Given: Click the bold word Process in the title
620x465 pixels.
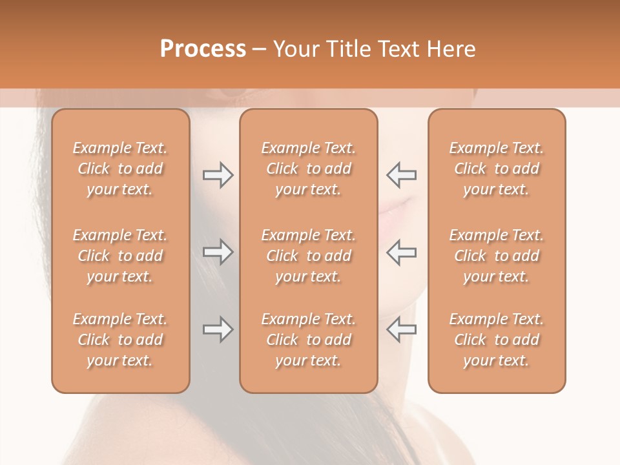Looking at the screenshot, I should [x=203, y=48].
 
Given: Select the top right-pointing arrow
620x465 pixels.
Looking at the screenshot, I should [x=218, y=175].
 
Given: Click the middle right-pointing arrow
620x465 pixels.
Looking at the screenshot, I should [x=218, y=252].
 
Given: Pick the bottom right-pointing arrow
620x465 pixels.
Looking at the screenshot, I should [x=218, y=329].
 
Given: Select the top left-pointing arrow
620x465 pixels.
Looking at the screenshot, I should [x=401, y=175].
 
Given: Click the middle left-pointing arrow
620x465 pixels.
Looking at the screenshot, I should [x=401, y=252].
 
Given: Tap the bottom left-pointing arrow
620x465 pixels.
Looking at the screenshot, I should [x=401, y=329].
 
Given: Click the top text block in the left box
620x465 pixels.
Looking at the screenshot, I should [x=120, y=169].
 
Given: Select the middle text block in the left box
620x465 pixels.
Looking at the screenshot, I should [x=120, y=256].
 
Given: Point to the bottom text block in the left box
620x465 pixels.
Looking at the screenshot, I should [x=120, y=340].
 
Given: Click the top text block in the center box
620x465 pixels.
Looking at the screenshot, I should [x=308, y=169].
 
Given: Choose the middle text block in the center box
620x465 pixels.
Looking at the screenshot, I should [x=308, y=256].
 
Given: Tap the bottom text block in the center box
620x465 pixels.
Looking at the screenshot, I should [x=308, y=340].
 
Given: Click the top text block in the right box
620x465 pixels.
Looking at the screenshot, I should [x=496, y=169].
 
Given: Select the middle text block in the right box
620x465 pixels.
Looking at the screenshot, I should [x=496, y=256].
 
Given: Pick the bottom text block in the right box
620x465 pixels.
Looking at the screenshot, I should [x=496, y=340].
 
